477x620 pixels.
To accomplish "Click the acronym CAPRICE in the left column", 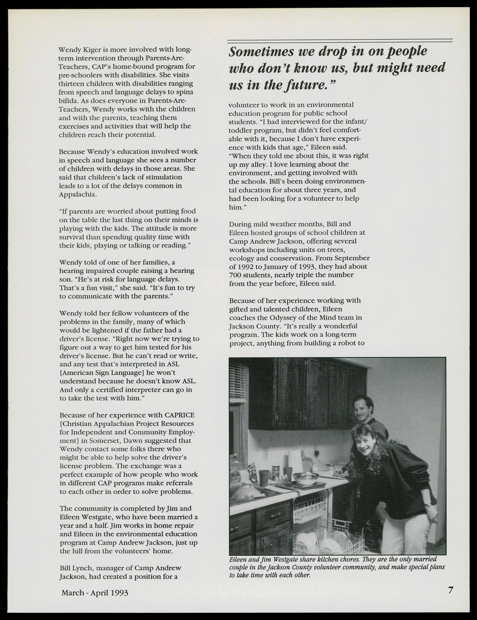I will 179,415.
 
